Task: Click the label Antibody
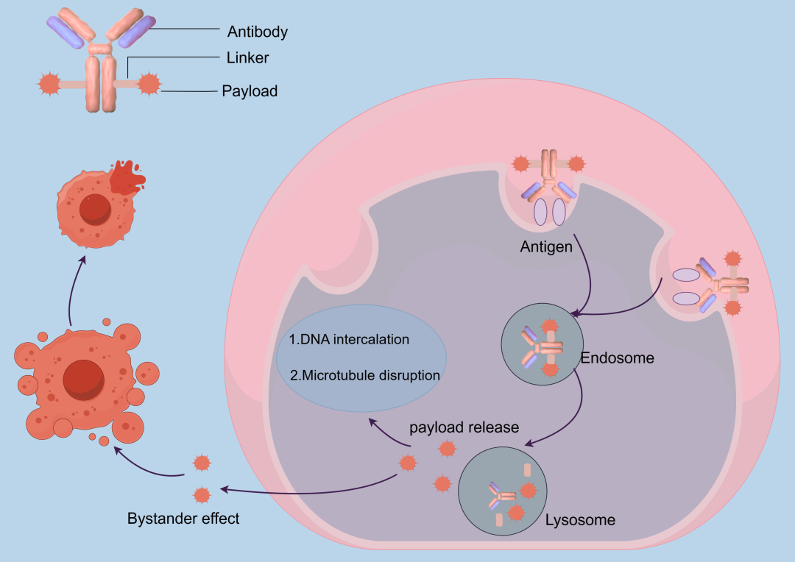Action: tap(257, 32)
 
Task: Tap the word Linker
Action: tap(247, 58)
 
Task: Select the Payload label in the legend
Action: tap(250, 91)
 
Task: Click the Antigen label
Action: tap(546, 246)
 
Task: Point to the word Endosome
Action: tap(617, 358)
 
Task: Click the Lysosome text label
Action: tap(580, 520)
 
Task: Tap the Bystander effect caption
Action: tap(183, 519)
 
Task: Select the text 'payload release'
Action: tap(464, 427)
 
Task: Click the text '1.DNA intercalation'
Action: tap(349, 339)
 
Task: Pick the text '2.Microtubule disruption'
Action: tap(364, 375)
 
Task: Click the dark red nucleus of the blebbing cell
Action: tap(84, 380)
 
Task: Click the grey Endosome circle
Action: tap(542, 344)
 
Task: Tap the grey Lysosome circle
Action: tap(503, 491)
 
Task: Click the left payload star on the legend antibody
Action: tap(49, 84)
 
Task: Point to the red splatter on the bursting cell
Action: tap(127, 177)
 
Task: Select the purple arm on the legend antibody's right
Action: tap(136, 32)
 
